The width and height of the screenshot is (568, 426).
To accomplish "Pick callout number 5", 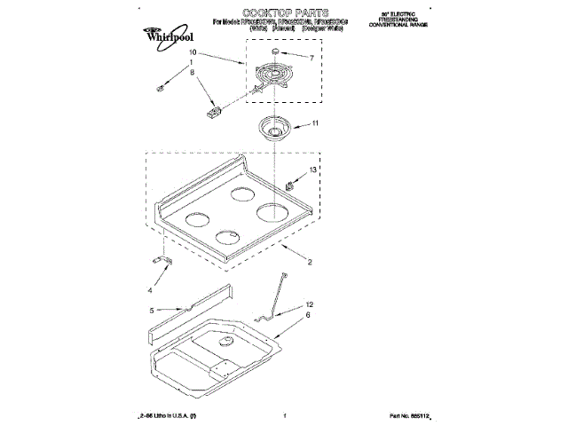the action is (x=151, y=311).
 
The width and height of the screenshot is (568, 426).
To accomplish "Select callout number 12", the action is (x=310, y=304).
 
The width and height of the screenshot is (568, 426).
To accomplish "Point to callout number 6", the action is (x=308, y=315).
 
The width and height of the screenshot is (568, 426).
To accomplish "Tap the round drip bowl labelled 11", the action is (x=277, y=129).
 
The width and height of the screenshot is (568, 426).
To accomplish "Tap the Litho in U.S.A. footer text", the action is (x=168, y=415).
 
